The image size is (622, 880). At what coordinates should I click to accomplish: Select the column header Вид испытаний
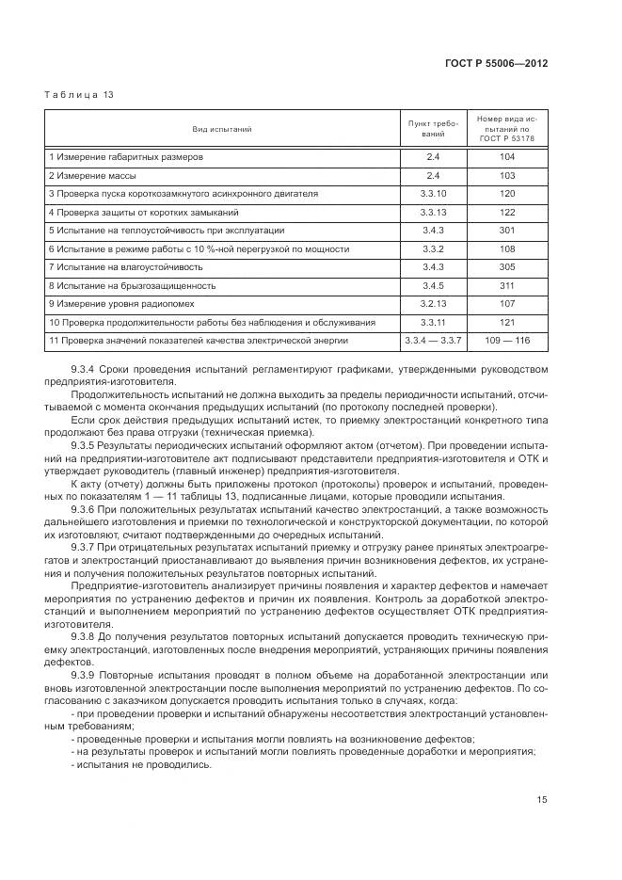point(222,129)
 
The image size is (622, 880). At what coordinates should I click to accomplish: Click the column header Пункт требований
point(433,129)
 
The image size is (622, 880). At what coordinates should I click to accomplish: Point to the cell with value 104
point(507,157)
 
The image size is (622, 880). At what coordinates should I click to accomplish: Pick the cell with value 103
point(507,176)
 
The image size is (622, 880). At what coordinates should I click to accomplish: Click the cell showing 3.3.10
point(433,194)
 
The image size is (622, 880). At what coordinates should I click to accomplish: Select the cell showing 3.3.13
point(433,212)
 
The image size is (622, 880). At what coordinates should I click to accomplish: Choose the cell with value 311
point(507,285)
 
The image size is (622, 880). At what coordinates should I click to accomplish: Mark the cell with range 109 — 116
point(507,340)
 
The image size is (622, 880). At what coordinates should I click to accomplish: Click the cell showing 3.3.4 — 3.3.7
point(433,340)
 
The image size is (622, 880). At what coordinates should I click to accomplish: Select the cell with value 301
point(507,231)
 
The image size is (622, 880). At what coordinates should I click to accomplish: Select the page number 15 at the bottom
point(542,800)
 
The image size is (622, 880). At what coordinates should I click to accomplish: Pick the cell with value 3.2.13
point(433,303)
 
